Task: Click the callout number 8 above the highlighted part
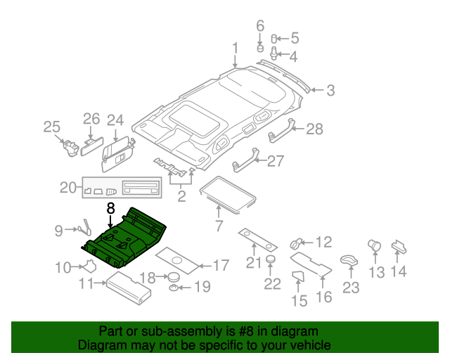(x=110, y=209)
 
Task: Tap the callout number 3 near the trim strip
(x=330, y=90)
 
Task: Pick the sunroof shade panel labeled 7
(x=226, y=195)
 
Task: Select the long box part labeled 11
(x=128, y=288)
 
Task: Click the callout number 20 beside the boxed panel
(x=67, y=188)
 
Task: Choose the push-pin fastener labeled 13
(x=374, y=246)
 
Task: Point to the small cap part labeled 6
(x=259, y=49)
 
